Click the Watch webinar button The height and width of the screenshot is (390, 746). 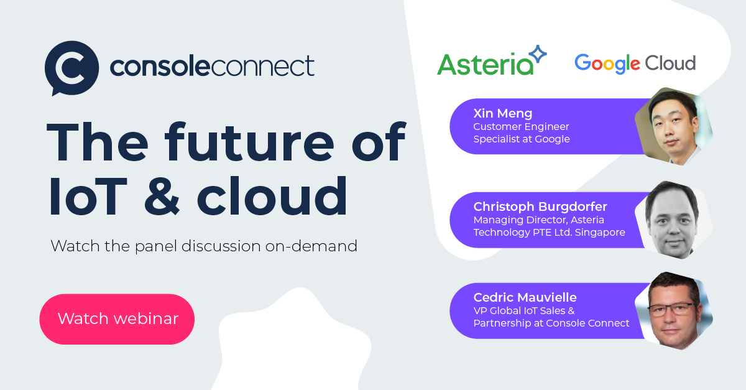tap(117, 319)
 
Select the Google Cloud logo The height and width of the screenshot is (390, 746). tap(635, 63)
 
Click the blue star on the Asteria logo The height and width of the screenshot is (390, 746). tap(536, 55)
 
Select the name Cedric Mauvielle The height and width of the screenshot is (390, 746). tap(525, 297)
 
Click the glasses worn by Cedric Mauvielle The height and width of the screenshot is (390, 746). tap(671, 309)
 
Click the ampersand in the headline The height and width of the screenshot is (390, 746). tap(160, 196)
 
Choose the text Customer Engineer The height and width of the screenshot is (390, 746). tap(521, 127)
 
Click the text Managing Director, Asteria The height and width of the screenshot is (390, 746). tap(538, 220)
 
